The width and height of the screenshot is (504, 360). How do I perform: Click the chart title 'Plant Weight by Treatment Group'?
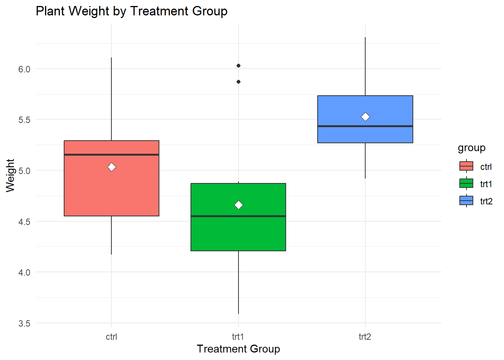(131, 11)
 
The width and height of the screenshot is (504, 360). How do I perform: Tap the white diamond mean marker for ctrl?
(112, 167)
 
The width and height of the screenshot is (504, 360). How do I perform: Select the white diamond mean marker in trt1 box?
(238, 205)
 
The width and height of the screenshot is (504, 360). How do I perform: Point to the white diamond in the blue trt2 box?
(365, 117)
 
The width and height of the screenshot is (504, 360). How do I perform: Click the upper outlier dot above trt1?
(238, 66)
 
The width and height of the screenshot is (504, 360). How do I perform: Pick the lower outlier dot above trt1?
(238, 82)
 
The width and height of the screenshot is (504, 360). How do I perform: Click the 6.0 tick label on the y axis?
(24, 69)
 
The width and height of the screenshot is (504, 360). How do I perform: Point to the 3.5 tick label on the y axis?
(24, 323)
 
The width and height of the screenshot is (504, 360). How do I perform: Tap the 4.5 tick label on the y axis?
(24, 222)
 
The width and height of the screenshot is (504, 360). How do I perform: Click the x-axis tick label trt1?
(238, 337)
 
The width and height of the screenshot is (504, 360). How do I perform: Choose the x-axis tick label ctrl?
(111, 337)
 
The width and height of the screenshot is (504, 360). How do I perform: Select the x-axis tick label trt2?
(365, 337)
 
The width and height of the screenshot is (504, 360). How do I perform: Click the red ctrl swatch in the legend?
(466, 166)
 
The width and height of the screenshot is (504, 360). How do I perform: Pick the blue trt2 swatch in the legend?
(466, 201)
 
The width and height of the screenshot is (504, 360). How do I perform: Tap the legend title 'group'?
(471, 148)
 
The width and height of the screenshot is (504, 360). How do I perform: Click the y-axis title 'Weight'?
(10, 175)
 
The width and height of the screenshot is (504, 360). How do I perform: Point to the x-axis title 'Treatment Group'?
(238, 349)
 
